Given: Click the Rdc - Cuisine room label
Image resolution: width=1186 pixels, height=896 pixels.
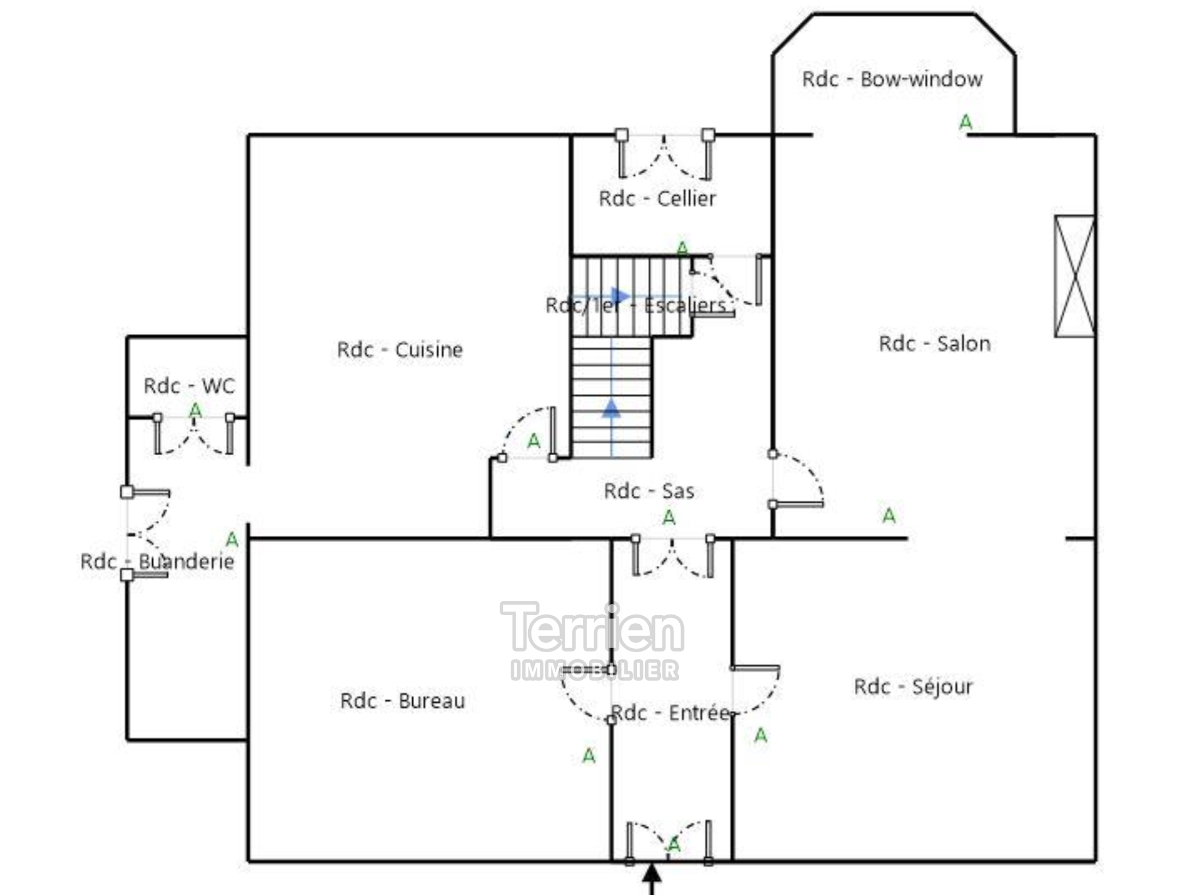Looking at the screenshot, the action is click(400, 350).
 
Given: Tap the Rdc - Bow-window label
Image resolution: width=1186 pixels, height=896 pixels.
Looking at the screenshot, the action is click(892, 79).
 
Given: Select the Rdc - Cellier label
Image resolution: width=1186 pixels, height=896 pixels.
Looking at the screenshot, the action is click(657, 199).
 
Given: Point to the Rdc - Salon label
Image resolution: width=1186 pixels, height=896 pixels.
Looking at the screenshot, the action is click(935, 343).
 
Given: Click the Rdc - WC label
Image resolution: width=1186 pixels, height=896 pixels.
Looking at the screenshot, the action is click(189, 386).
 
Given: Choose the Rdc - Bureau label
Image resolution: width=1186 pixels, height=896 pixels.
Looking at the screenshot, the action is click(402, 701).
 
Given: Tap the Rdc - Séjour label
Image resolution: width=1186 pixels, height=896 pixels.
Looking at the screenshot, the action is click(913, 687).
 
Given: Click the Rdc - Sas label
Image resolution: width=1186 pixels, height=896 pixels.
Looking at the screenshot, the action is click(649, 491).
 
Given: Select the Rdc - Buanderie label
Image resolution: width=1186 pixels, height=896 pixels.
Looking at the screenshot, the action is click(157, 561).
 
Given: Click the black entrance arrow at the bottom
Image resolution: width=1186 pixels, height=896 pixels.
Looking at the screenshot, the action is click(652, 879).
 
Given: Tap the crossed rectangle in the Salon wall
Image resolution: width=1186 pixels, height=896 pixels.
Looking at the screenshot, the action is click(1074, 276).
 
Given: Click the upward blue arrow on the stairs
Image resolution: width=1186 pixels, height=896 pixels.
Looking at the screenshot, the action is click(612, 408).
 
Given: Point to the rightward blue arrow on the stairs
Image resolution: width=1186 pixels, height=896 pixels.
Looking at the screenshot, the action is click(620, 297).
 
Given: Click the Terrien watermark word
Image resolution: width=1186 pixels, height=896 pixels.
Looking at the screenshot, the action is click(592, 628).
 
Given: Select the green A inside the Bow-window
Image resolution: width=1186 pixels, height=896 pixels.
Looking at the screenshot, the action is click(965, 122).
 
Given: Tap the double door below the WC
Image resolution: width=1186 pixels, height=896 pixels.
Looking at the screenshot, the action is click(193, 434).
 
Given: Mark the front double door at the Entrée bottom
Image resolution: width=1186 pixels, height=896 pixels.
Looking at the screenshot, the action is click(669, 843).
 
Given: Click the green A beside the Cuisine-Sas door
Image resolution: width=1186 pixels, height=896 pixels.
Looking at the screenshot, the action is click(533, 442).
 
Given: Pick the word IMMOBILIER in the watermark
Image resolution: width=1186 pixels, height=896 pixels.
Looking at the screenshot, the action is click(595, 670).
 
